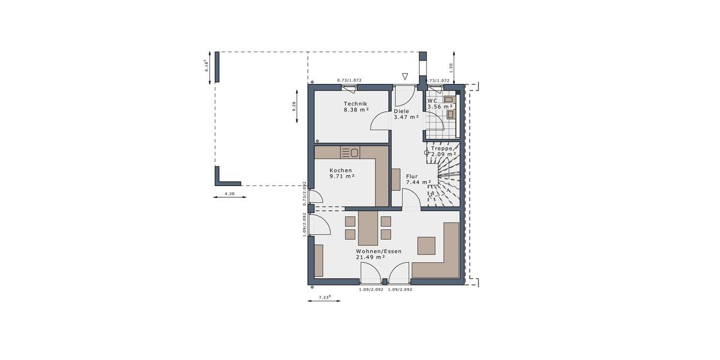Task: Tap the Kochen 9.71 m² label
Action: click(341, 173)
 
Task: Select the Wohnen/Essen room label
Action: click(379, 254)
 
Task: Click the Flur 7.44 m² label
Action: click(418, 179)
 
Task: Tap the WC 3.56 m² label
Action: click(440, 104)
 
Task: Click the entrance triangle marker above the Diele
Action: click(405, 77)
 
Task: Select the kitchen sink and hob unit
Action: click(350, 152)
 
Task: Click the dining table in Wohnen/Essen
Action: click(367, 227)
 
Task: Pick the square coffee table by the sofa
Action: click(427, 245)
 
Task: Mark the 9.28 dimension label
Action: click(294, 107)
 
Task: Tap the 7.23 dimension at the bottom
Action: click(323, 297)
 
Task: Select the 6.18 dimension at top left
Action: click(207, 65)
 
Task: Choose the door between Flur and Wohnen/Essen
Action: click(411, 200)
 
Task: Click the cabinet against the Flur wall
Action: click(395, 179)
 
